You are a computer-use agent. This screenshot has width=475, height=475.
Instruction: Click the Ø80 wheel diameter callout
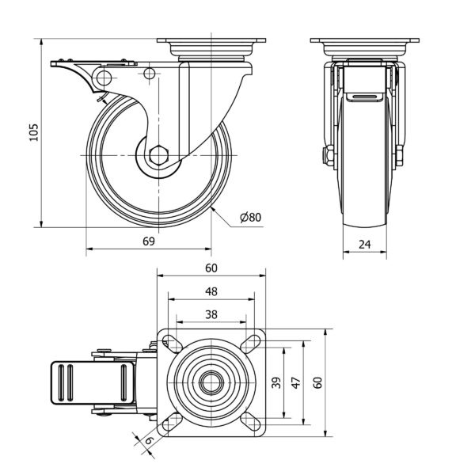[x=249, y=217]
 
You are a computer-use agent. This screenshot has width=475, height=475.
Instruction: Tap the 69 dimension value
[x=149, y=241]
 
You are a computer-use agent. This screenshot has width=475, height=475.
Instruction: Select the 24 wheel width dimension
[x=365, y=245]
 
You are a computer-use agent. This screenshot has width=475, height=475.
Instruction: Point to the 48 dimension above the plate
[x=211, y=291]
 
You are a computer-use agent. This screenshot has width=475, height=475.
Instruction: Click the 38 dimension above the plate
[x=211, y=313]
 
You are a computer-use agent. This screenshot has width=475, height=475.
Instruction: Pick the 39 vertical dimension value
[x=276, y=382]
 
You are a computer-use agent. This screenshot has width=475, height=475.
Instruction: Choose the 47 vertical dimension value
[x=295, y=382]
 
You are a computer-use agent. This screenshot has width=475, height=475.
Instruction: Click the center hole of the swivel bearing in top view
[x=211, y=382]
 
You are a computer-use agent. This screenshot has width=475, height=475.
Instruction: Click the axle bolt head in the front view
[x=325, y=156]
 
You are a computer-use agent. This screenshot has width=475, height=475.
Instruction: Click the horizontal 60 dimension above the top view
[x=211, y=268]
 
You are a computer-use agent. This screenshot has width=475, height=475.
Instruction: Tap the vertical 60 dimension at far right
[x=317, y=382]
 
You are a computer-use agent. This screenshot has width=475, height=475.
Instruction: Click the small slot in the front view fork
[x=365, y=97]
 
